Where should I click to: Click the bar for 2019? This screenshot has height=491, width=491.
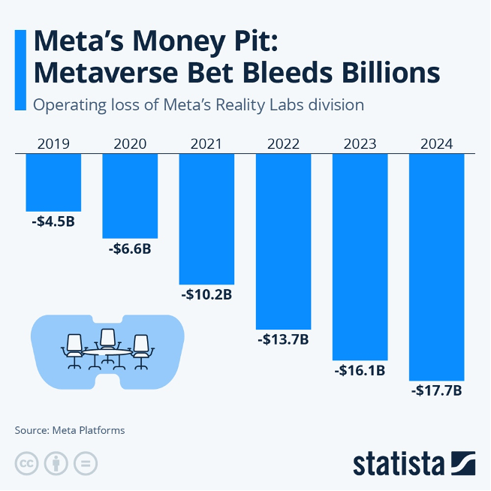[x=53, y=182]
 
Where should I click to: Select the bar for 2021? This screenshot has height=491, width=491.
[x=206, y=218]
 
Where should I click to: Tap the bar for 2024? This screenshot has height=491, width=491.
[x=436, y=267]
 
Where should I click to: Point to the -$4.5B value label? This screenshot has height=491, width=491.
[x=53, y=221]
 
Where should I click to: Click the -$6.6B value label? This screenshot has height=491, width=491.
[x=130, y=248]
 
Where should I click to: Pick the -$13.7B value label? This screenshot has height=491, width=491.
[x=283, y=339]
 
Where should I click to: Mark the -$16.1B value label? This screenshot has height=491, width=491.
[x=360, y=369]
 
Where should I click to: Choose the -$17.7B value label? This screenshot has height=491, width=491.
[x=436, y=390]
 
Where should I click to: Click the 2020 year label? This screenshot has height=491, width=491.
[x=130, y=143]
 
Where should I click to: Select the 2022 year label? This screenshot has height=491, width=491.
[x=283, y=143]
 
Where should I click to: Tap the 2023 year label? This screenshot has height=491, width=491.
[x=360, y=143]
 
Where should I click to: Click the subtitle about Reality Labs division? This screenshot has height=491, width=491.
[x=198, y=104]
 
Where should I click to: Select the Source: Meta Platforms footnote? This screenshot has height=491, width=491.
[x=70, y=430]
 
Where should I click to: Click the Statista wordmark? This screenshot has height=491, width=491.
[x=399, y=463]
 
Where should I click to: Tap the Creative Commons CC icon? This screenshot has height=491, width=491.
[x=27, y=463]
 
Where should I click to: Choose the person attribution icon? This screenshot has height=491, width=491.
[x=56, y=463]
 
